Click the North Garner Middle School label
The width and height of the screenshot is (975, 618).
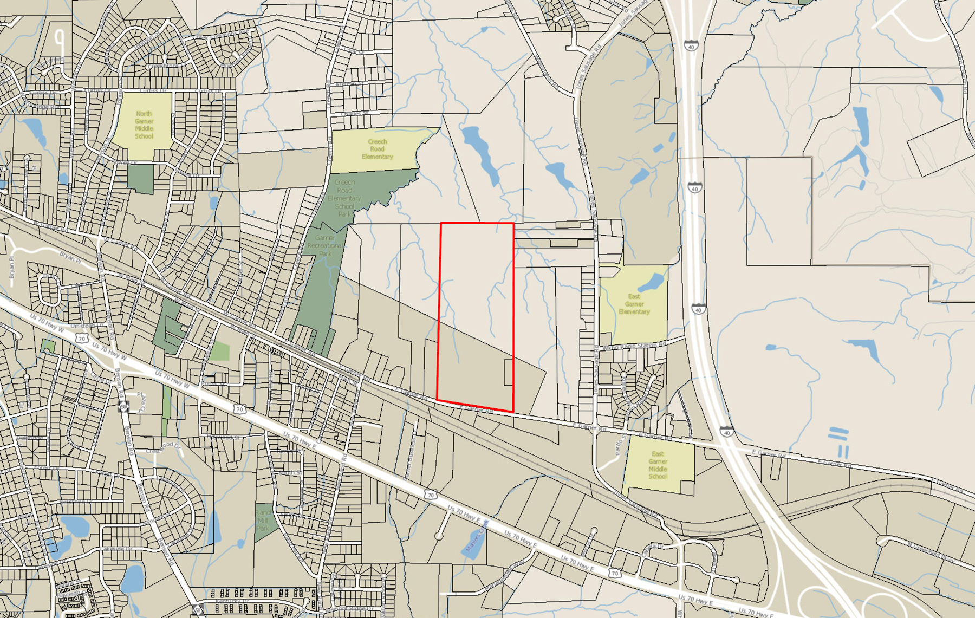coord(144,125)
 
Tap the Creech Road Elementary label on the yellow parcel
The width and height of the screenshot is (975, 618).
coord(377,149)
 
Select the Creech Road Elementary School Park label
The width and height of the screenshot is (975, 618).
coord(344,198)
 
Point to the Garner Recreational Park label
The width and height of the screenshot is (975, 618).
coord(325,245)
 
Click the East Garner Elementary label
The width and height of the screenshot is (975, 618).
coord(634,304)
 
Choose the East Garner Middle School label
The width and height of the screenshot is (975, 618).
coord(658,465)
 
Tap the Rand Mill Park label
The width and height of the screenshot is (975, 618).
coord(263,520)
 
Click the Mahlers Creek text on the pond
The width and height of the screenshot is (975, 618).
coord(477,536)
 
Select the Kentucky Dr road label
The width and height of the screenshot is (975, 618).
coord(232,601)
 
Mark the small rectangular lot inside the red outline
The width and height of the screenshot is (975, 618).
coord(508,373)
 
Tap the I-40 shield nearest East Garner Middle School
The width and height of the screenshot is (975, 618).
coord(727,432)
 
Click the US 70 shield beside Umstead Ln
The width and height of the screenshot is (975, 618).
coord(82,339)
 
